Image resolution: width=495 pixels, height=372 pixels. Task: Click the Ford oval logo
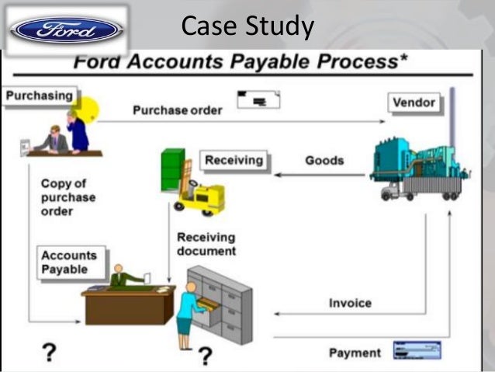click(65, 30)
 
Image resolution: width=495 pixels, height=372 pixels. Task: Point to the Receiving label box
click(234, 161)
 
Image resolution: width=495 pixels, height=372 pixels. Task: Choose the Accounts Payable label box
click(69, 262)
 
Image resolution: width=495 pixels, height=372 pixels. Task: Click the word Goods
click(324, 161)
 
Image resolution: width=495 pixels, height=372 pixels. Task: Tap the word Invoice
click(350, 303)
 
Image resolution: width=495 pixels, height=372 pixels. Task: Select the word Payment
click(355, 353)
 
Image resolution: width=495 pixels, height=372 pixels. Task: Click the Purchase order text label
click(177, 110)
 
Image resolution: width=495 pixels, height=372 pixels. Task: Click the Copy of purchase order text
click(68, 197)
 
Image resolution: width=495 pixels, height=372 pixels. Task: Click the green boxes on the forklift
click(172, 169)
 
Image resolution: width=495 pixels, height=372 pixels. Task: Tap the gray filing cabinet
click(225, 303)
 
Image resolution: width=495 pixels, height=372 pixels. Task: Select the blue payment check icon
click(417, 350)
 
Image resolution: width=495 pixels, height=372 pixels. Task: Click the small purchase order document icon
click(258, 99)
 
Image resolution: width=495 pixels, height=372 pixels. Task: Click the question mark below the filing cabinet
click(204, 356)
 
